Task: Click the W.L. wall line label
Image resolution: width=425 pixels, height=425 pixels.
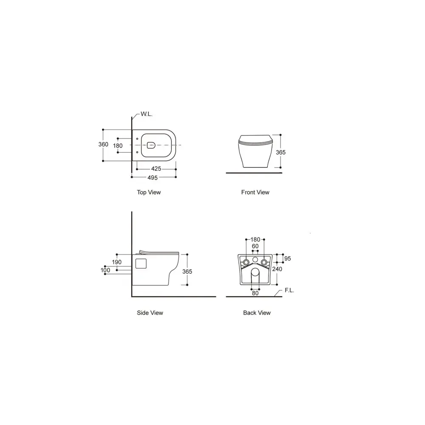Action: (x=146, y=114)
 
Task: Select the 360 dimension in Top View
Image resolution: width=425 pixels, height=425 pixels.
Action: (x=103, y=144)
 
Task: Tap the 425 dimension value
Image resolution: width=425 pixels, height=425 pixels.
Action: (x=156, y=169)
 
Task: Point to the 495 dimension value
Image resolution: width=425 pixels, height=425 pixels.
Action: (x=153, y=178)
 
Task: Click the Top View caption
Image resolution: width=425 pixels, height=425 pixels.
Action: (x=149, y=192)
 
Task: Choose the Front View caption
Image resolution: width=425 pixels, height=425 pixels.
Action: (x=255, y=192)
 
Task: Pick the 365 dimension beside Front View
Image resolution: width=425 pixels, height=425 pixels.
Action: (x=281, y=152)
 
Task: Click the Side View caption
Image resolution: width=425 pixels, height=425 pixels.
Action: (x=150, y=313)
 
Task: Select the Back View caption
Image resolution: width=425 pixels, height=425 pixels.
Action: (x=257, y=313)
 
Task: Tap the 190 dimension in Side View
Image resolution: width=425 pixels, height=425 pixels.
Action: (x=117, y=262)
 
